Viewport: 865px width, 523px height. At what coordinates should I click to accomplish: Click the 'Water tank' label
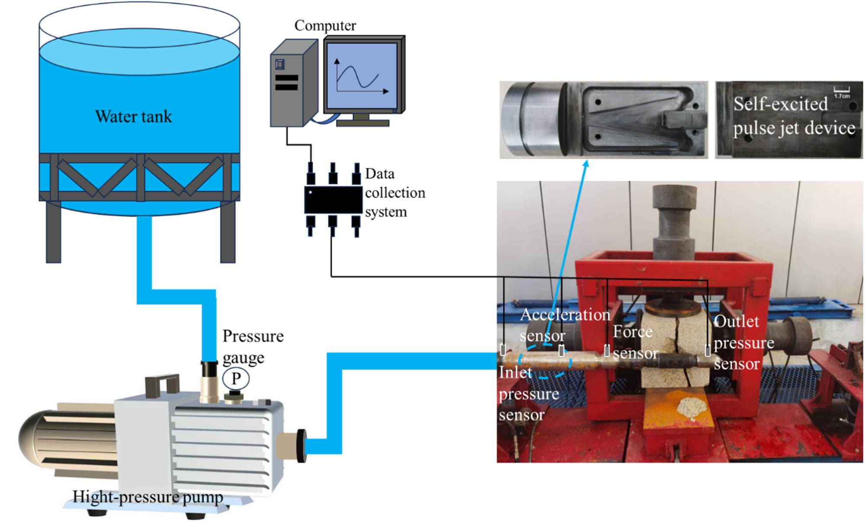(133, 116)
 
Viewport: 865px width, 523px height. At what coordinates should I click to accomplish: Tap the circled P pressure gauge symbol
(236, 379)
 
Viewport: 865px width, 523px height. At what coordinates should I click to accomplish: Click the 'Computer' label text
(325, 26)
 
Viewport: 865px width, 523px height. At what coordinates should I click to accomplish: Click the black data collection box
(333, 199)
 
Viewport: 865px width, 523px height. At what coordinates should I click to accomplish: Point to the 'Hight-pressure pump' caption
(147, 497)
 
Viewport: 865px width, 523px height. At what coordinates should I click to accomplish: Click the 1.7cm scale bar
(841, 91)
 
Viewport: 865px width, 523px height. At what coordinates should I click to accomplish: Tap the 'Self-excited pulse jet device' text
(793, 116)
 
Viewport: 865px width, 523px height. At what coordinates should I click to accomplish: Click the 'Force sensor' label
(634, 342)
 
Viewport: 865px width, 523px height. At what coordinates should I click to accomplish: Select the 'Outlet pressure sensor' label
(743, 342)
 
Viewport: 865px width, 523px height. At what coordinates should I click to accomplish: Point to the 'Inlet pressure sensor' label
(528, 393)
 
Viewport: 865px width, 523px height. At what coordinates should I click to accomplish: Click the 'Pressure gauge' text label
(253, 347)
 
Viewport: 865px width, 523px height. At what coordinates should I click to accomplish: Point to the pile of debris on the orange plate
(691, 407)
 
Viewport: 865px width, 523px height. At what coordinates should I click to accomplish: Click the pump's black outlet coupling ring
(301, 446)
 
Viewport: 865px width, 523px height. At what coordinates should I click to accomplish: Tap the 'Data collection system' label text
(394, 193)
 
